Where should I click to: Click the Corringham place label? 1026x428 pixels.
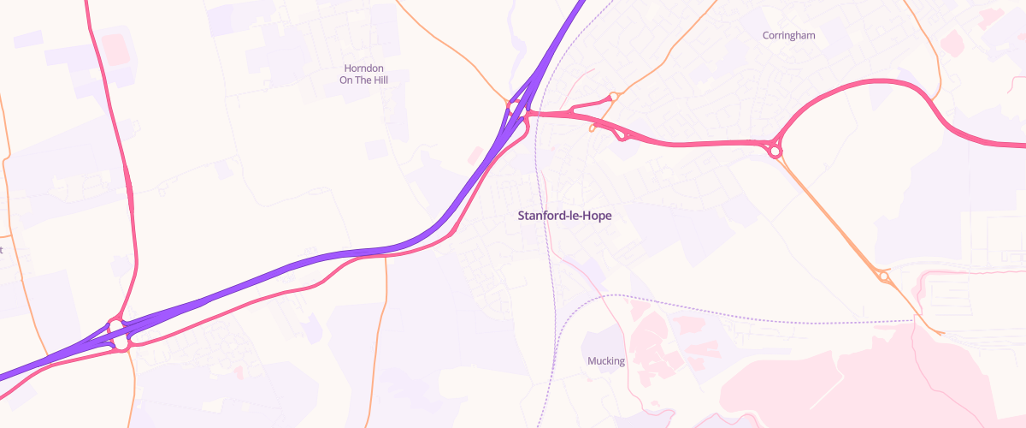click(x=788, y=35)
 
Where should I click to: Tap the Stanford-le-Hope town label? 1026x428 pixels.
click(x=564, y=216)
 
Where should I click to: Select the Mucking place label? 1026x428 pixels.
click(x=606, y=360)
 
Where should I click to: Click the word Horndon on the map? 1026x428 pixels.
click(x=363, y=68)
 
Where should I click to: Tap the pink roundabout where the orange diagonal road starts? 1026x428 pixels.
click(x=775, y=152)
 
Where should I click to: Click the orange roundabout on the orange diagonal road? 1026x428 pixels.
click(x=883, y=276)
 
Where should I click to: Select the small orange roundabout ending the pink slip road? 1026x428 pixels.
click(x=613, y=97)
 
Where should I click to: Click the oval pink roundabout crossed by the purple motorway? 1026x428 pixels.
click(x=118, y=335)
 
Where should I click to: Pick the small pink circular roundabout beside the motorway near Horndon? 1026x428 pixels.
click(x=515, y=108)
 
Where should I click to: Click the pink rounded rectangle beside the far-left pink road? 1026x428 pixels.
click(x=117, y=49)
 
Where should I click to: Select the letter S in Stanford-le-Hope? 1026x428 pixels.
click(x=522, y=216)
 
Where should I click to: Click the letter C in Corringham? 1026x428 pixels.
click(x=766, y=35)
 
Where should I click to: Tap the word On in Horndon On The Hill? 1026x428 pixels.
click(x=346, y=80)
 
